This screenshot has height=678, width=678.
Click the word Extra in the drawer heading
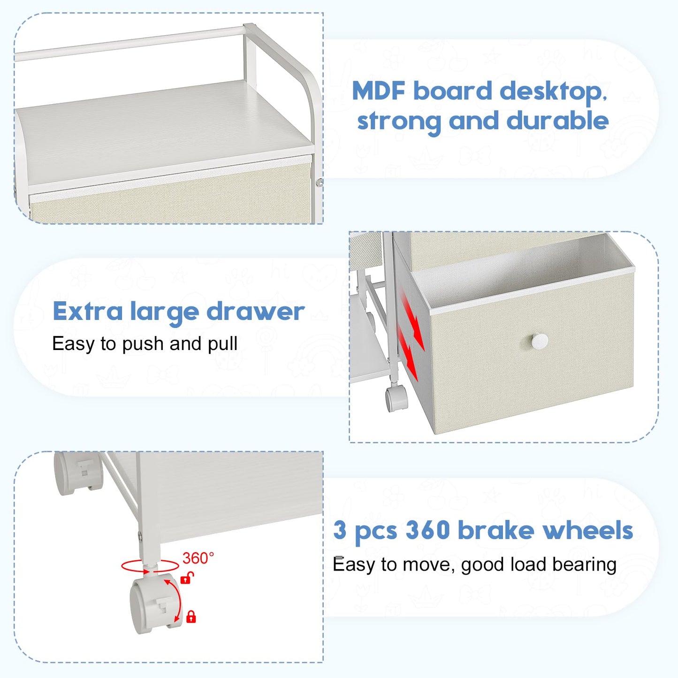click(88, 312)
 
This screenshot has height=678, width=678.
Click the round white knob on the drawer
click(538, 341)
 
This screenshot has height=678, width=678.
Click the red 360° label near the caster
click(198, 558)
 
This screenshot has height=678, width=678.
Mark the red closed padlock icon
click(191, 617)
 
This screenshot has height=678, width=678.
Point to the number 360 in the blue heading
click(428, 531)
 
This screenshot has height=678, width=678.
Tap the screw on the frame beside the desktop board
click(320, 183)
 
